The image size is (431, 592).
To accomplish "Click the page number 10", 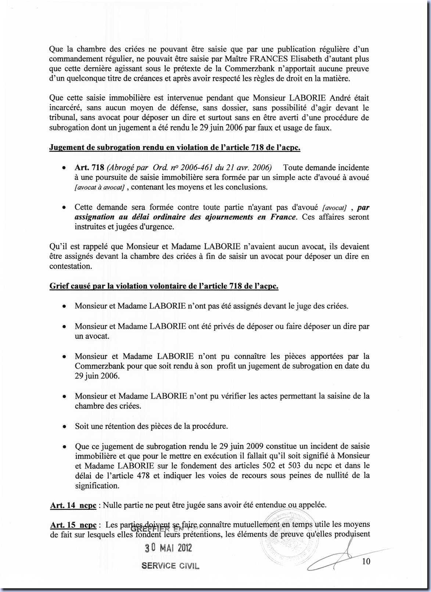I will (366, 561).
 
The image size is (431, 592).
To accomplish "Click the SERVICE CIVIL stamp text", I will (170, 566).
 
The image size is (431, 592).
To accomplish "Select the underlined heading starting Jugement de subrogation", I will (175, 148).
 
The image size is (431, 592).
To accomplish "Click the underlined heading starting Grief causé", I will (164, 286).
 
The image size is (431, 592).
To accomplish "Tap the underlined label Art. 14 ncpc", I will (73, 505).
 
